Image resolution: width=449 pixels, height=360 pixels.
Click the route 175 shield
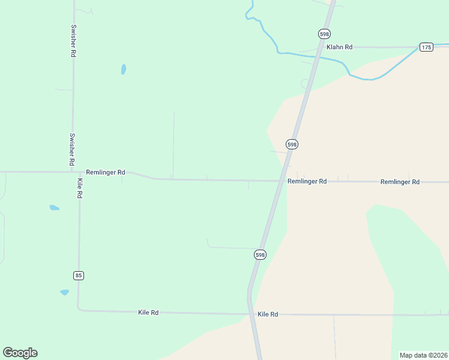pyautogui.click(x=426, y=47)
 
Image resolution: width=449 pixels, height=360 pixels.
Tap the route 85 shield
pyautogui.click(x=79, y=275)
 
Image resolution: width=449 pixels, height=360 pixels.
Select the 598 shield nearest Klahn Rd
pyautogui.click(x=324, y=34)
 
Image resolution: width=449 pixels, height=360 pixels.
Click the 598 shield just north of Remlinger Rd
pyautogui.click(x=292, y=145)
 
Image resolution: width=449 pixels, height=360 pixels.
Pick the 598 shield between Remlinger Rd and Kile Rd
pyautogui.click(x=259, y=255)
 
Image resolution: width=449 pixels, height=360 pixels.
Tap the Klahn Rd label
pyautogui.click(x=339, y=47)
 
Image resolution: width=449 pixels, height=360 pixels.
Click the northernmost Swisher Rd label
pyautogui.click(x=73, y=41)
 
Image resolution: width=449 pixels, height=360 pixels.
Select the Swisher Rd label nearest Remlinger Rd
pyautogui.click(x=72, y=149)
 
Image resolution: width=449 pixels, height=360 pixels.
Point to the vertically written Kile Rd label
pyautogui.click(x=79, y=188)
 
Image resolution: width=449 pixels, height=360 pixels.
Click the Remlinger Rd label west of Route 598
pyautogui.click(x=106, y=172)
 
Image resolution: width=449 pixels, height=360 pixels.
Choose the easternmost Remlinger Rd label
pyautogui.click(x=400, y=181)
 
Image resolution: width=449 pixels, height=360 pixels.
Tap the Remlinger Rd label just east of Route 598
pyautogui.click(x=307, y=181)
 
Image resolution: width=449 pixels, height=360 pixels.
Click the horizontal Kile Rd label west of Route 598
pyautogui.click(x=148, y=313)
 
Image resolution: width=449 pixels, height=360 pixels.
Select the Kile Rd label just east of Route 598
pyautogui.click(x=268, y=314)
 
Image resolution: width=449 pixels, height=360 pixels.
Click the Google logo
pyautogui.click(x=20, y=353)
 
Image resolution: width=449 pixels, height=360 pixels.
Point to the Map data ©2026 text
pyautogui.click(x=423, y=355)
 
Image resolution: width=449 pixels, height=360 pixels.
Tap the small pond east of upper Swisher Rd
pyautogui.click(x=124, y=69)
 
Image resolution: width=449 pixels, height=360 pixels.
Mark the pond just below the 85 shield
pyautogui.click(x=64, y=292)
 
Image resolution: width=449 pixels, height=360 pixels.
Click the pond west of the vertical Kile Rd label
pyautogui.click(x=54, y=208)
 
